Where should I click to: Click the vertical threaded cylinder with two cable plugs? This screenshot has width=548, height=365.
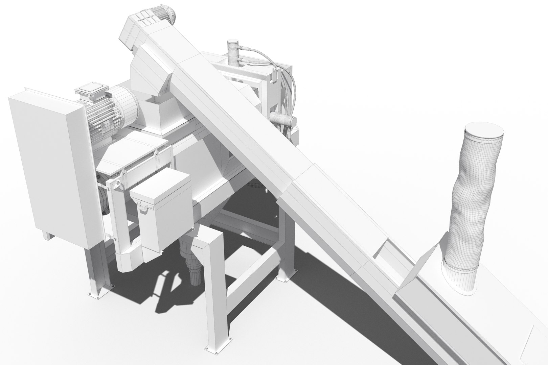pyautogui.click(x=232, y=52)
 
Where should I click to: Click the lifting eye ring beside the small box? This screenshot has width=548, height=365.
pyautogui.click(x=117, y=183)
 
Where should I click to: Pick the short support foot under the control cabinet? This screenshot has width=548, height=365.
pyautogui.click(x=48, y=235)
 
